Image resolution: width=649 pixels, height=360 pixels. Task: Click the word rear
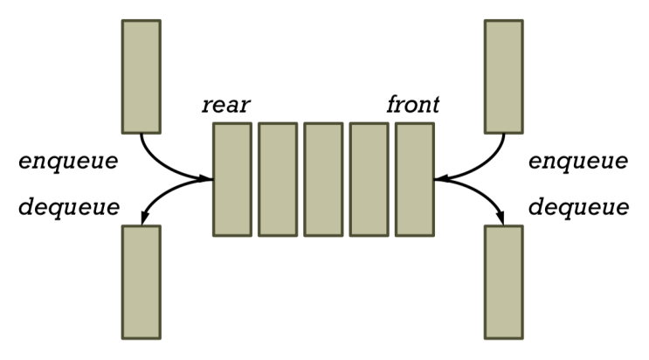[225, 106]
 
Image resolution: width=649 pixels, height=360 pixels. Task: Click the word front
[412, 106]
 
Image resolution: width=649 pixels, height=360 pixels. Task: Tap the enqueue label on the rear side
[68, 162]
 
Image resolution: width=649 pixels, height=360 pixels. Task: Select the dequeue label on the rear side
[68, 207]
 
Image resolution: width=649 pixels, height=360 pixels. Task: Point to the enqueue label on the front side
[578, 162]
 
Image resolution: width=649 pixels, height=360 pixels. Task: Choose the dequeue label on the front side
[578, 207]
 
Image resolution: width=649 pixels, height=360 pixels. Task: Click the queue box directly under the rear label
[232, 179]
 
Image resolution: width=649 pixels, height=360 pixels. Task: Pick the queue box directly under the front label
[414, 179]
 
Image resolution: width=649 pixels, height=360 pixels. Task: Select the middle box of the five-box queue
[323, 179]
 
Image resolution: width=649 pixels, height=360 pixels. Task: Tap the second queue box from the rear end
[278, 179]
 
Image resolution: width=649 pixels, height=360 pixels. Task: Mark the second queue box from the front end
[369, 179]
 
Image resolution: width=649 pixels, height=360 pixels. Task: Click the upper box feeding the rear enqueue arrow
[141, 75]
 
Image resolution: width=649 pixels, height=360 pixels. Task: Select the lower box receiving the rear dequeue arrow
[141, 281]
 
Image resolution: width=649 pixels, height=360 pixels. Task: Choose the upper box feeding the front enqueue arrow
[503, 75]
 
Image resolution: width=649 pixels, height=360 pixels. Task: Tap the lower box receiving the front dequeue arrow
[503, 281]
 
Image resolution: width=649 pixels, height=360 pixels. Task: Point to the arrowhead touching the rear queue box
[207, 179]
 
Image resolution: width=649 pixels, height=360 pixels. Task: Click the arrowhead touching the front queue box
[440, 179]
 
